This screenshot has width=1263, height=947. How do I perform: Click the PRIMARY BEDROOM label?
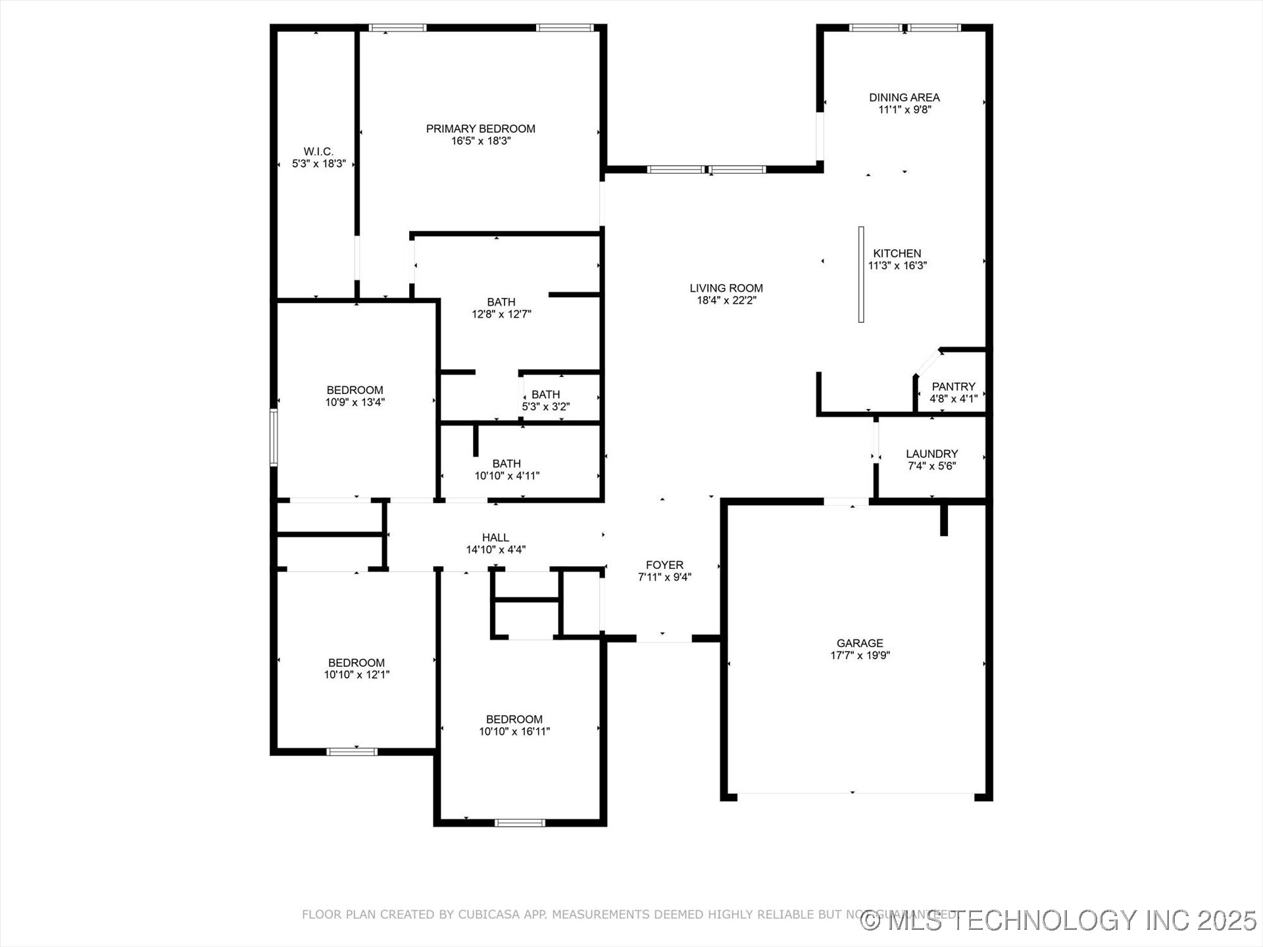(x=480, y=129)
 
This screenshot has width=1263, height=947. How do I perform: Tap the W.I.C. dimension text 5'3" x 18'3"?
(x=318, y=164)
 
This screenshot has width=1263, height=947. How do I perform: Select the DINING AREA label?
(x=904, y=97)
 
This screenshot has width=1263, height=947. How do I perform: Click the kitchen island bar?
(x=860, y=274)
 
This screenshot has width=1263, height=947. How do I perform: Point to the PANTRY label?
(x=953, y=387)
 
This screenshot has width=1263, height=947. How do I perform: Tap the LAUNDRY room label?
(x=931, y=454)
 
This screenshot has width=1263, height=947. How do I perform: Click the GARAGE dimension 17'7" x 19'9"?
(x=860, y=655)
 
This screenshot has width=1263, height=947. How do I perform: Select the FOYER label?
(x=664, y=565)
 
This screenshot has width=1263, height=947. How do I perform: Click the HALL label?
(x=495, y=537)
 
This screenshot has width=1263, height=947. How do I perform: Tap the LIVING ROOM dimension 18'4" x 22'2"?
(x=726, y=301)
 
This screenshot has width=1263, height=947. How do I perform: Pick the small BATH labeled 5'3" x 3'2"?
(x=545, y=395)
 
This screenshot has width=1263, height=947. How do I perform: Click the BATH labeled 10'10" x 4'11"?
(x=507, y=464)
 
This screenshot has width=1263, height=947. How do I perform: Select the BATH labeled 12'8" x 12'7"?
(x=501, y=302)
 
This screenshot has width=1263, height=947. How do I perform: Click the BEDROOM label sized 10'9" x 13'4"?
(x=355, y=390)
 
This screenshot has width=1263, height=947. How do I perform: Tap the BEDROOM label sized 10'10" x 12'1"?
(x=357, y=663)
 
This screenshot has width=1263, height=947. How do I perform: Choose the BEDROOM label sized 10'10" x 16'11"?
(x=514, y=719)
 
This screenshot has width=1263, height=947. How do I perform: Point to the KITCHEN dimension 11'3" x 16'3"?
(x=897, y=266)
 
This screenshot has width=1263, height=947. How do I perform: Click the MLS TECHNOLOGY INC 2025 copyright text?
(x=1059, y=921)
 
